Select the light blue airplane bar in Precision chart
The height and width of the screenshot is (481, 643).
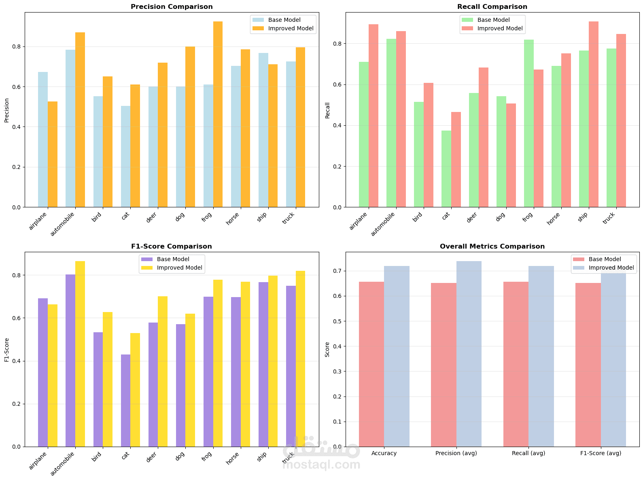(43, 139)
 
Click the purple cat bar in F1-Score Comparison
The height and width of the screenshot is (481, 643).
(125, 400)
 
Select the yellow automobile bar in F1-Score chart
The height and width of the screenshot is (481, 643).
(80, 354)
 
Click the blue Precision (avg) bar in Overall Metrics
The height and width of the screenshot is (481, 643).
(469, 354)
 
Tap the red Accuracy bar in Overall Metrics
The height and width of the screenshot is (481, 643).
(371, 364)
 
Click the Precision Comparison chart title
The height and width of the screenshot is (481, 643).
(172, 7)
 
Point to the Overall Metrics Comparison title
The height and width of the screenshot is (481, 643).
(492, 247)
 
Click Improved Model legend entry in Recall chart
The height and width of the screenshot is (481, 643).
(500, 29)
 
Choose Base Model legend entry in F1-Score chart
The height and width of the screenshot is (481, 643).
(173, 259)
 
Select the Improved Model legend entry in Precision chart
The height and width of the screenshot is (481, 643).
(291, 29)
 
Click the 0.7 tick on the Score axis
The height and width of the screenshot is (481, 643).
(338, 271)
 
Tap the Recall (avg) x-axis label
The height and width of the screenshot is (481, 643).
(528, 454)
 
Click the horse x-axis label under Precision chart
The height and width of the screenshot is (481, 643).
(233, 219)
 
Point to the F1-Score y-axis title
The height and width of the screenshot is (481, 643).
(7, 350)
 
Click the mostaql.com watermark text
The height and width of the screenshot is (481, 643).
(321, 465)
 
